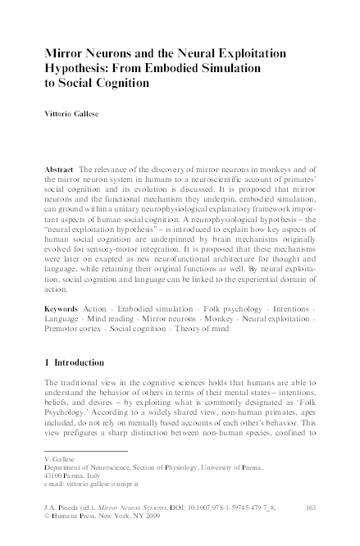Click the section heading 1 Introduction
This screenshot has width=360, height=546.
point(84,383)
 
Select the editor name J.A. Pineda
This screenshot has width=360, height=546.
point(64,509)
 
